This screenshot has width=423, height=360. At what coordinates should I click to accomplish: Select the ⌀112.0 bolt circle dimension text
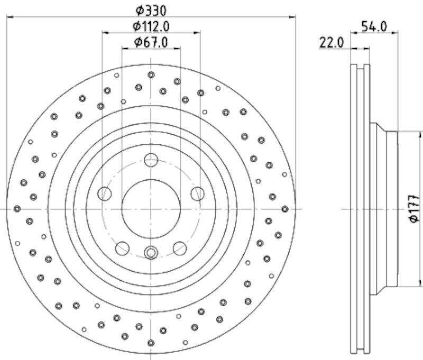(151, 25)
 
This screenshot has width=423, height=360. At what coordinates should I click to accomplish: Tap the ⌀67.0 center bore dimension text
(151, 42)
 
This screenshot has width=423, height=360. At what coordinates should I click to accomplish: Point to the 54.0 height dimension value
(374, 25)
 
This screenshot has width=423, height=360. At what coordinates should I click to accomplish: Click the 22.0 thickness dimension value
(332, 43)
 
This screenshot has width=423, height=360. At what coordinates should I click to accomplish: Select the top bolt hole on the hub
(151, 159)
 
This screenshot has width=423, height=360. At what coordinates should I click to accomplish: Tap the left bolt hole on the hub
(105, 193)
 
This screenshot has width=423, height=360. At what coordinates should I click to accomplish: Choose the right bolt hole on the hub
(197, 193)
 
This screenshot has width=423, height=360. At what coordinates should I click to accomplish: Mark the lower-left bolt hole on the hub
(123, 247)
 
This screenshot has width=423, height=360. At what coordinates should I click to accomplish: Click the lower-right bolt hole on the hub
(180, 247)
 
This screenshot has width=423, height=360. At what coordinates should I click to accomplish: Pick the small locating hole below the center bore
(151, 253)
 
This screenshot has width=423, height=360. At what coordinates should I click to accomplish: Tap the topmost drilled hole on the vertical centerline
(151, 75)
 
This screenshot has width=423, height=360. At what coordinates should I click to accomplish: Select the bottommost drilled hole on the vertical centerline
(151, 343)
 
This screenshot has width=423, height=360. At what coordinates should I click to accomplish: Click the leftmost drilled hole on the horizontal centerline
(17, 209)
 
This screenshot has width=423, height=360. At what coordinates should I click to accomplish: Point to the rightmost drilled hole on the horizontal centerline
(286, 209)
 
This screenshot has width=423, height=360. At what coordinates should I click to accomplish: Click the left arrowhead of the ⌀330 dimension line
(9, 16)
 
